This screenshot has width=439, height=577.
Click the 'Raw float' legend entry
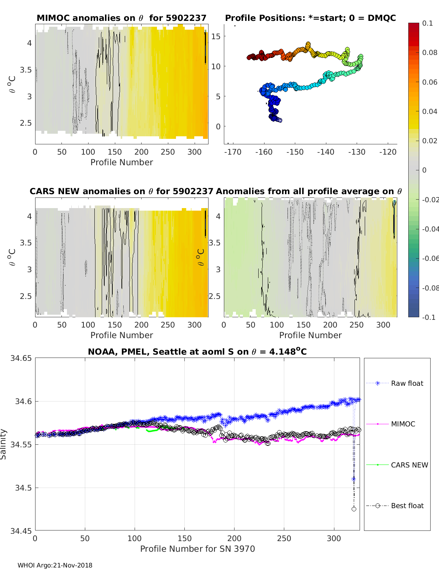407,383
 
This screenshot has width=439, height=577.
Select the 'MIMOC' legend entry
403,424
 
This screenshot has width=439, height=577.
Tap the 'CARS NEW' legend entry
409,465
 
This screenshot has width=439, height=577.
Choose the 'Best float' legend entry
407,506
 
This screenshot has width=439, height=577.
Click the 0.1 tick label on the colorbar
427,23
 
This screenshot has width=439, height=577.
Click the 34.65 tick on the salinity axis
21,358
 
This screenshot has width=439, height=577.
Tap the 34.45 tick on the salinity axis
21,530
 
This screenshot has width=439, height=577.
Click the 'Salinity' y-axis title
3,444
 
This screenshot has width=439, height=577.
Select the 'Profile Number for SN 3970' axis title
198,549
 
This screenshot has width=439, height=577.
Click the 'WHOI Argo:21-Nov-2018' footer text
55,565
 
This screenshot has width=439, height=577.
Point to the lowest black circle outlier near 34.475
354,509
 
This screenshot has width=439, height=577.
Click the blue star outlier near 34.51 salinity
353,479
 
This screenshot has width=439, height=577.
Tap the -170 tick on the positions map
233,152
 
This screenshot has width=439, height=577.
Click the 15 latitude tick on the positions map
216,36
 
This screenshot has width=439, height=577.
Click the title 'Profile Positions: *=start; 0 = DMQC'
310,18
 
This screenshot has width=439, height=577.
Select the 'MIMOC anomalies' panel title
121,18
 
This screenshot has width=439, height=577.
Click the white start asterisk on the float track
279,120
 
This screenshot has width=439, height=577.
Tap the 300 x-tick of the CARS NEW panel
194,325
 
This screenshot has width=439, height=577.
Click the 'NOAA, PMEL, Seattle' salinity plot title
197,352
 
